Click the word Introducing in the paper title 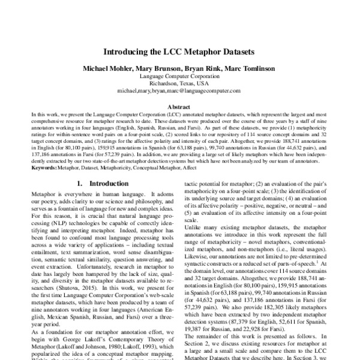[x=131, y=52]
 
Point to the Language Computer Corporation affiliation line [x=179, y=77]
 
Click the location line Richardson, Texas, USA [x=179, y=84]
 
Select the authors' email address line [x=179, y=91]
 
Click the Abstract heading [x=179, y=104]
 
